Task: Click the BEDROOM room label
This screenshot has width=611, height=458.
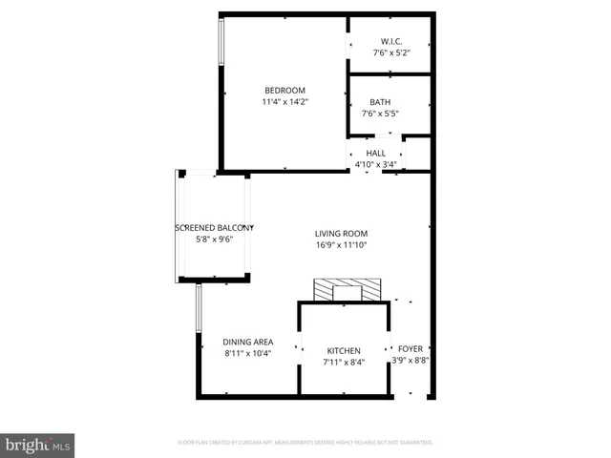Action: (284, 91)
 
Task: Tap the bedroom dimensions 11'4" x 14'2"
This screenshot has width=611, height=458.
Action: (284, 102)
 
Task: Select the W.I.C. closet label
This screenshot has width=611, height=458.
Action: (390, 41)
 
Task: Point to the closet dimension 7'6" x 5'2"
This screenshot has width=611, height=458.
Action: (390, 52)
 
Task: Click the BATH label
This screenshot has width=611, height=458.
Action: (380, 102)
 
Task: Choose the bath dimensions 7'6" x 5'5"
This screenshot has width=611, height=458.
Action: (380, 114)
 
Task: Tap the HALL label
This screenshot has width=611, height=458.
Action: (375, 153)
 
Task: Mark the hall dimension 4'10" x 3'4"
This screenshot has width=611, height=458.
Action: (375, 164)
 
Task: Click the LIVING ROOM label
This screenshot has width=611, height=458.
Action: (342, 234)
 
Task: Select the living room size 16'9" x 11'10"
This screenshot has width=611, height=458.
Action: (342, 245)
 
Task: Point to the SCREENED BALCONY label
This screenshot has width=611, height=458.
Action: (213, 228)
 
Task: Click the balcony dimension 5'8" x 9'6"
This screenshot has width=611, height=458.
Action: (213, 239)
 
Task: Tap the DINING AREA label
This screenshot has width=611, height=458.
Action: (248, 342)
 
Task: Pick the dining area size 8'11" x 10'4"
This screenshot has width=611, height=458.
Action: (248, 353)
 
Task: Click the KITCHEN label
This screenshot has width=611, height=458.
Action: (343, 350)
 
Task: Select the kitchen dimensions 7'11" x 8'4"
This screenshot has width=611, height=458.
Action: (343, 362)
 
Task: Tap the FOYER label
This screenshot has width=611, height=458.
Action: (411, 349)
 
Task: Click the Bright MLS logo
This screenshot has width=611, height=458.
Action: (38, 446)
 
